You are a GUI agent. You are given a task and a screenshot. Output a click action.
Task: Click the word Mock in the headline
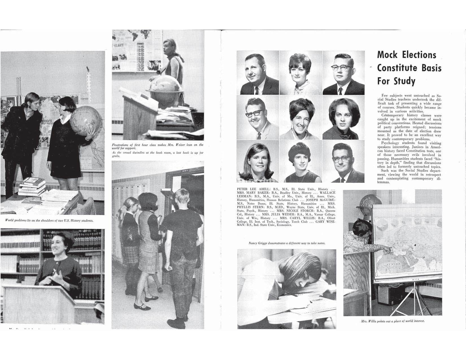pos(387,55)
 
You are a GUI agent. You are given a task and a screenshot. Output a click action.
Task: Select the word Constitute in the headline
pos(397,68)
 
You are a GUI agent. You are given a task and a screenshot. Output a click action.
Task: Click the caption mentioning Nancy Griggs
pos(287,243)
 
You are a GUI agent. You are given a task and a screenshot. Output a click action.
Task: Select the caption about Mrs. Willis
pos(393,321)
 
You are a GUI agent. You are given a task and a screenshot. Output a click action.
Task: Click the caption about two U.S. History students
pos(49,221)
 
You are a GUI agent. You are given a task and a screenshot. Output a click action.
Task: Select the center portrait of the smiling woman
pos(300,118)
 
